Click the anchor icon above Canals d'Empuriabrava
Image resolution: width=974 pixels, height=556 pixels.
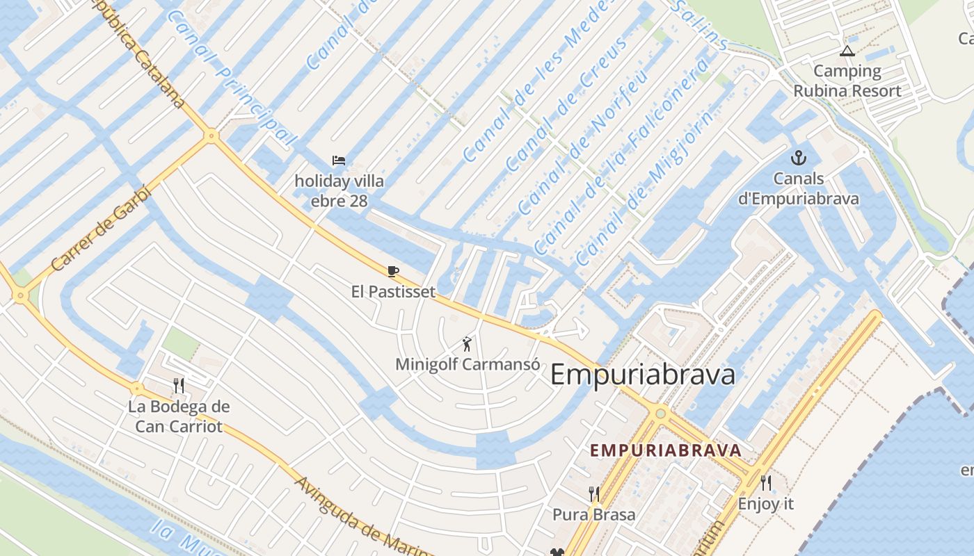tap(798, 158)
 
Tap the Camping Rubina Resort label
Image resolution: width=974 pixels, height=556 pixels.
tap(847, 81)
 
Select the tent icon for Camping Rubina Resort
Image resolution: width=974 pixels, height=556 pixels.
tap(847, 51)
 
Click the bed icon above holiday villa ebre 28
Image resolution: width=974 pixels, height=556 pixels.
tap(339, 161)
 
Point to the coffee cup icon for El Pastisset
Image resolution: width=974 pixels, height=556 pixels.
tap(393, 271)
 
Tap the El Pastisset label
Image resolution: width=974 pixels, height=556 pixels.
tap(393, 291)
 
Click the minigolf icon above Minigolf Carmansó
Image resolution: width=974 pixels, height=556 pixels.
tap(467, 343)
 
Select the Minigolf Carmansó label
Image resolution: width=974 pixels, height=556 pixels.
tap(467, 364)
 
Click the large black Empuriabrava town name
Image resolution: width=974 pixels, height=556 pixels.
tap(642, 375)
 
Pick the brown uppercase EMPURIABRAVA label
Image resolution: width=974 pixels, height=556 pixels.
tap(666, 450)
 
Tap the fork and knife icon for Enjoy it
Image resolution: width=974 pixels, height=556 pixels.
tap(766, 483)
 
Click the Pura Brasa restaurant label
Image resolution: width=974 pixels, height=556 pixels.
tap(593, 515)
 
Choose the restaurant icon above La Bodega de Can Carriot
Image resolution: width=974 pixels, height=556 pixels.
tap(179, 386)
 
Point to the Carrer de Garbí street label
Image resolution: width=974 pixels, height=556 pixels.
tap(100, 228)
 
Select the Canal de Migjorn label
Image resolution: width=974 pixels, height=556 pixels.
tap(644, 189)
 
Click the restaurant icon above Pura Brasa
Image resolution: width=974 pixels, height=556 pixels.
tap(593, 494)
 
